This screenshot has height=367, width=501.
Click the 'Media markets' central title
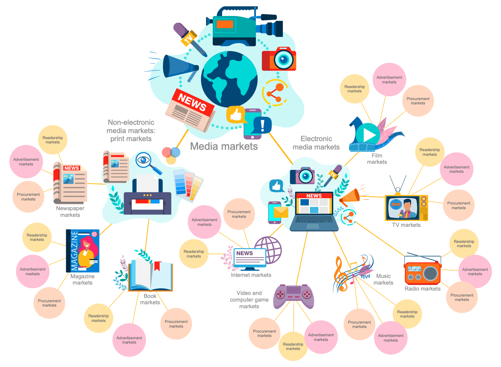(x=224, y=146)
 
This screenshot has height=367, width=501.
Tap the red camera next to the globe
(x=279, y=59)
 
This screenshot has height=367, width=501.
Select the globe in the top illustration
(x=229, y=79)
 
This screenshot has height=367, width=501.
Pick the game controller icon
(x=294, y=296)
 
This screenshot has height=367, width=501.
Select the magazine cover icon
(x=82, y=251)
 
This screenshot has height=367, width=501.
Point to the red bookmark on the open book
(x=158, y=266)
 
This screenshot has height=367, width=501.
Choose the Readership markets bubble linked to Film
(x=355, y=89)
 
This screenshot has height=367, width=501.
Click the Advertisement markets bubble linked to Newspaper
(x=26, y=162)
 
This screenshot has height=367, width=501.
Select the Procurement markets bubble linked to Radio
(x=462, y=297)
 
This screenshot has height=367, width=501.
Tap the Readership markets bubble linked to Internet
(x=194, y=254)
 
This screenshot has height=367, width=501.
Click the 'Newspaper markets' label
(x=70, y=212)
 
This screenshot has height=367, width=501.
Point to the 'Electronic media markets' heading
(x=316, y=143)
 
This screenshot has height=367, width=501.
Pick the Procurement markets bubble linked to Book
(x=176, y=324)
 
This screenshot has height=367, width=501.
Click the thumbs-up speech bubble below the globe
(x=236, y=115)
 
